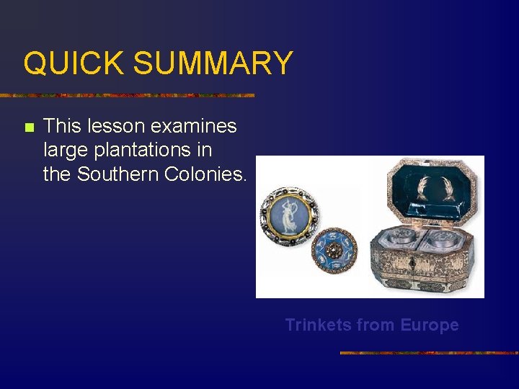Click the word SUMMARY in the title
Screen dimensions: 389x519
tap(213, 63)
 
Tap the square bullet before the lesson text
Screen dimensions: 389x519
tap(28, 128)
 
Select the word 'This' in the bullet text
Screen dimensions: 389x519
tap(62, 126)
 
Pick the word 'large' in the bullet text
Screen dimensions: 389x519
tap(64, 151)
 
